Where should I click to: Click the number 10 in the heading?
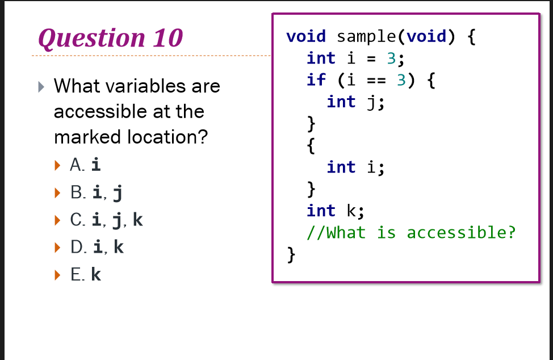tap(167, 38)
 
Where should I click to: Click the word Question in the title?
tap(91, 38)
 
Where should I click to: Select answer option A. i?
tap(85, 165)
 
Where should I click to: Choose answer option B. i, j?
tap(96, 192)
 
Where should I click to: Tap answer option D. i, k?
tap(97, 247)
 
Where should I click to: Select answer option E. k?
tap(86, 275)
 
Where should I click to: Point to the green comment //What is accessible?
tap(411, 233)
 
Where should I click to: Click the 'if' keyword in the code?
tap(316, 80)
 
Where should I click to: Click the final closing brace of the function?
tap(291, 254)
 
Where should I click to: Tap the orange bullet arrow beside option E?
tap(56, 275)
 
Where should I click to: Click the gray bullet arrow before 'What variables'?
tap(40, 87)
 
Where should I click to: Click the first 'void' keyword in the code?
tap(306, 36)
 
